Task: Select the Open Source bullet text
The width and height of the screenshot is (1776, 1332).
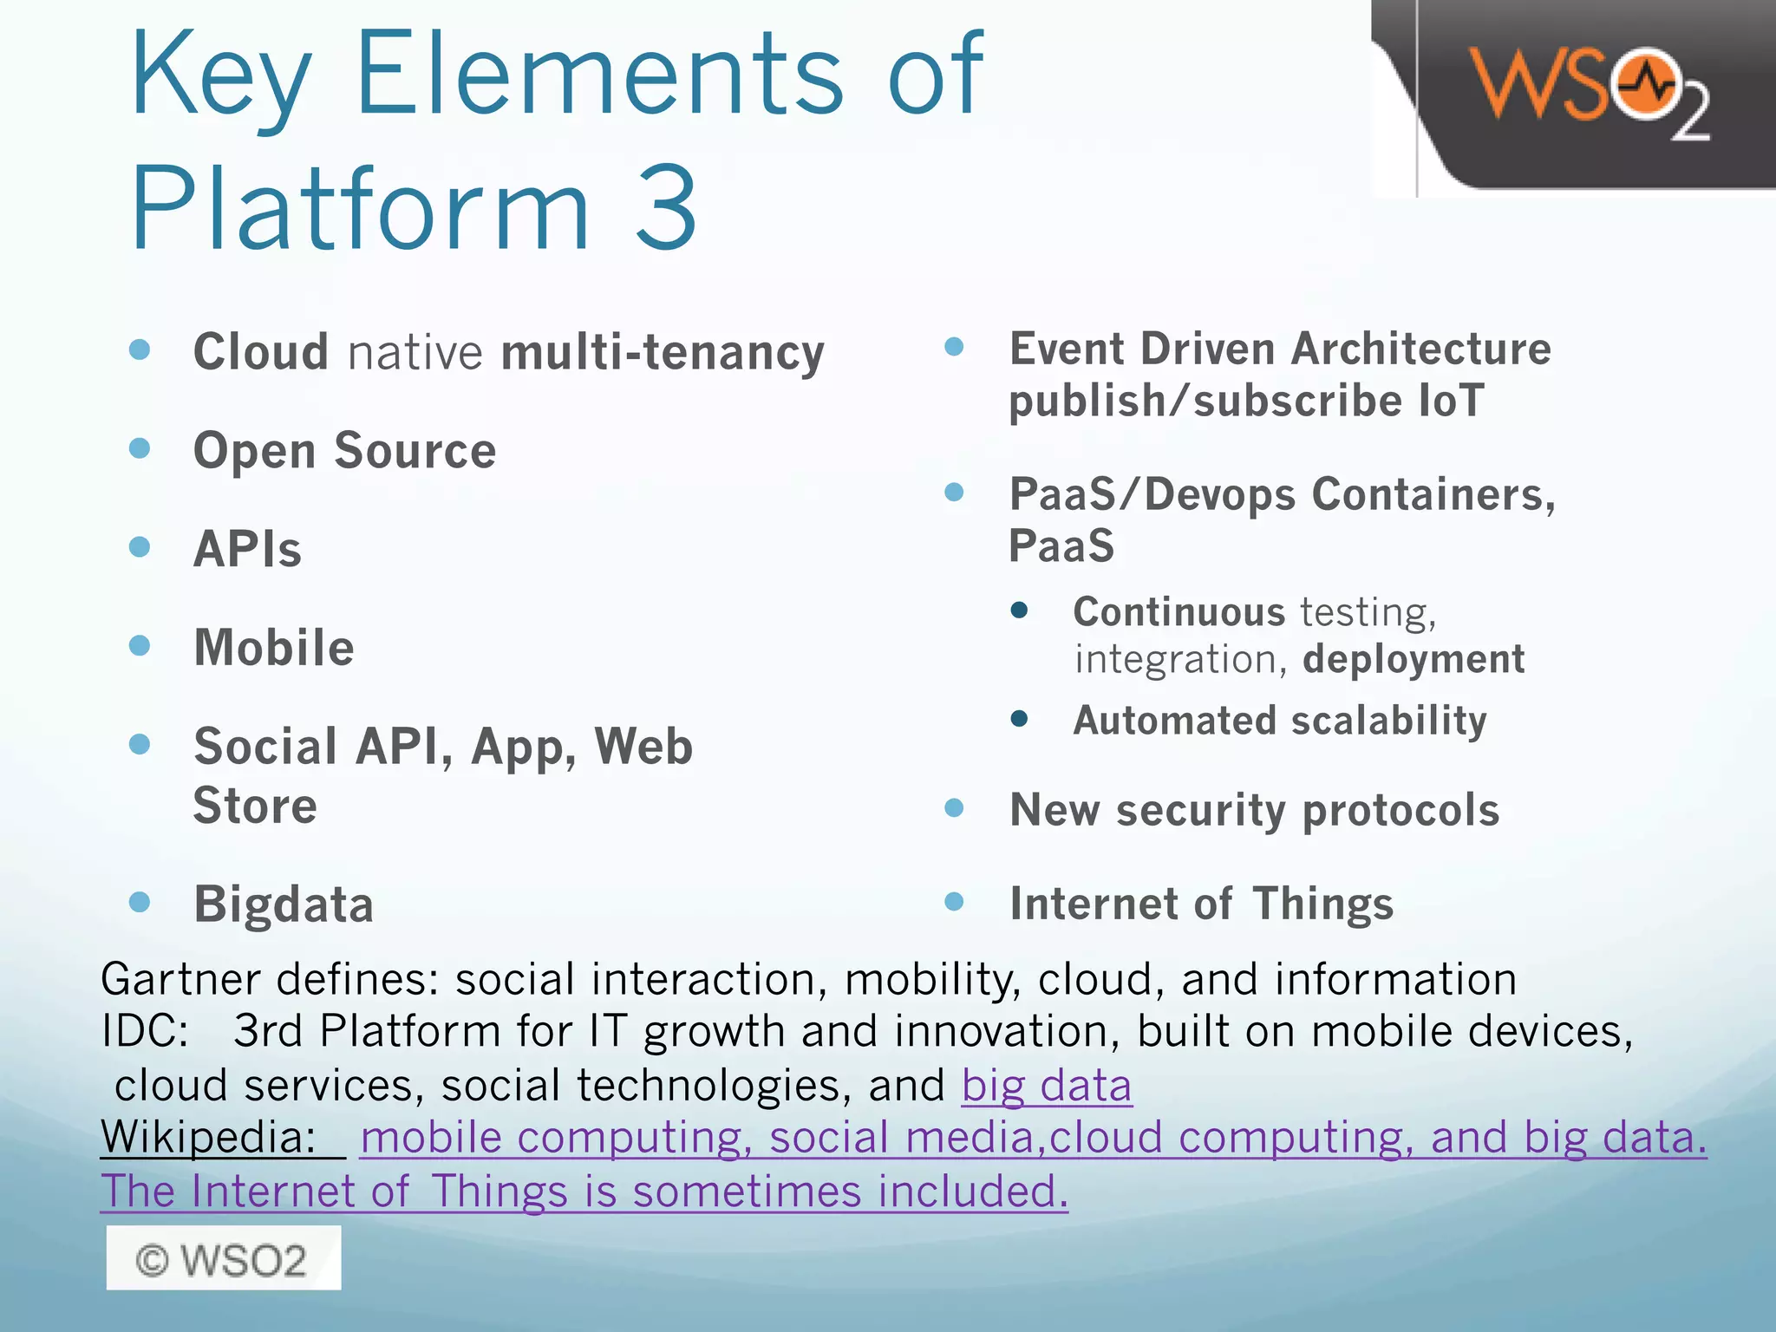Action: (344, 451)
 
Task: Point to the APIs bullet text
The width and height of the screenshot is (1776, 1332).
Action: (248, 550)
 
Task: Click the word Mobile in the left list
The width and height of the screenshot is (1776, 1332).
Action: (274, 648)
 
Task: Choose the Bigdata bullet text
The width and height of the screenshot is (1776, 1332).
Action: (284, 904)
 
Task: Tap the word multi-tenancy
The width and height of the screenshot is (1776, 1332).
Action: (663, 353)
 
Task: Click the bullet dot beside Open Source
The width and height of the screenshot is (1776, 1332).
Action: (140, 448)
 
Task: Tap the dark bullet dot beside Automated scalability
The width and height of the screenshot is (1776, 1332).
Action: (1020, 719)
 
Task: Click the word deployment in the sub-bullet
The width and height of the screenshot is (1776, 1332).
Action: (1414, 659)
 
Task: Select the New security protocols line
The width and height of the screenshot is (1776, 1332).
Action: (1254, 811)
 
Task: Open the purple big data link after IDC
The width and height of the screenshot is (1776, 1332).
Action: (1046, 1086)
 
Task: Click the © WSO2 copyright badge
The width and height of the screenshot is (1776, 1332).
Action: (223, 1258)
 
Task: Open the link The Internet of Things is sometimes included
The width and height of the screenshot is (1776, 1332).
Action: (584, 1192)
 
